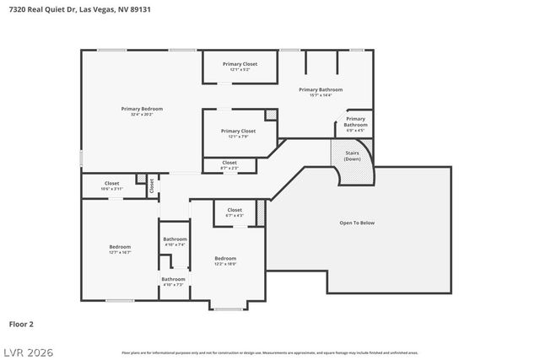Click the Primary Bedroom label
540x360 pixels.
141,109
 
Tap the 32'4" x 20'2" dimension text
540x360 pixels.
141,115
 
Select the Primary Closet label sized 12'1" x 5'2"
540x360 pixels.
240,64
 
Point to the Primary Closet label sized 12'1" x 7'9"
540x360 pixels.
237,132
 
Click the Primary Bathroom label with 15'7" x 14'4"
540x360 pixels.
321,89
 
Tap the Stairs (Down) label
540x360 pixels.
352,157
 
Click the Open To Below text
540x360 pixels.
357,223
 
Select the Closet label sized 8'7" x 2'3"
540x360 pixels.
229,162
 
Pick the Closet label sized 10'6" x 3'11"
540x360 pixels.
112,183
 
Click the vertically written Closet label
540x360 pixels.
152,185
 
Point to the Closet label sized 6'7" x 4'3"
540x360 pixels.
235,210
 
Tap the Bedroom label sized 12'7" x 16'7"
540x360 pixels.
120,247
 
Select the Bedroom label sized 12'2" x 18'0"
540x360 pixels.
224,258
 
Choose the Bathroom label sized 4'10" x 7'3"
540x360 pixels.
174,279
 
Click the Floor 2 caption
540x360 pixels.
21,323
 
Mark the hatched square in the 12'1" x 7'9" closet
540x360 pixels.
271,115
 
